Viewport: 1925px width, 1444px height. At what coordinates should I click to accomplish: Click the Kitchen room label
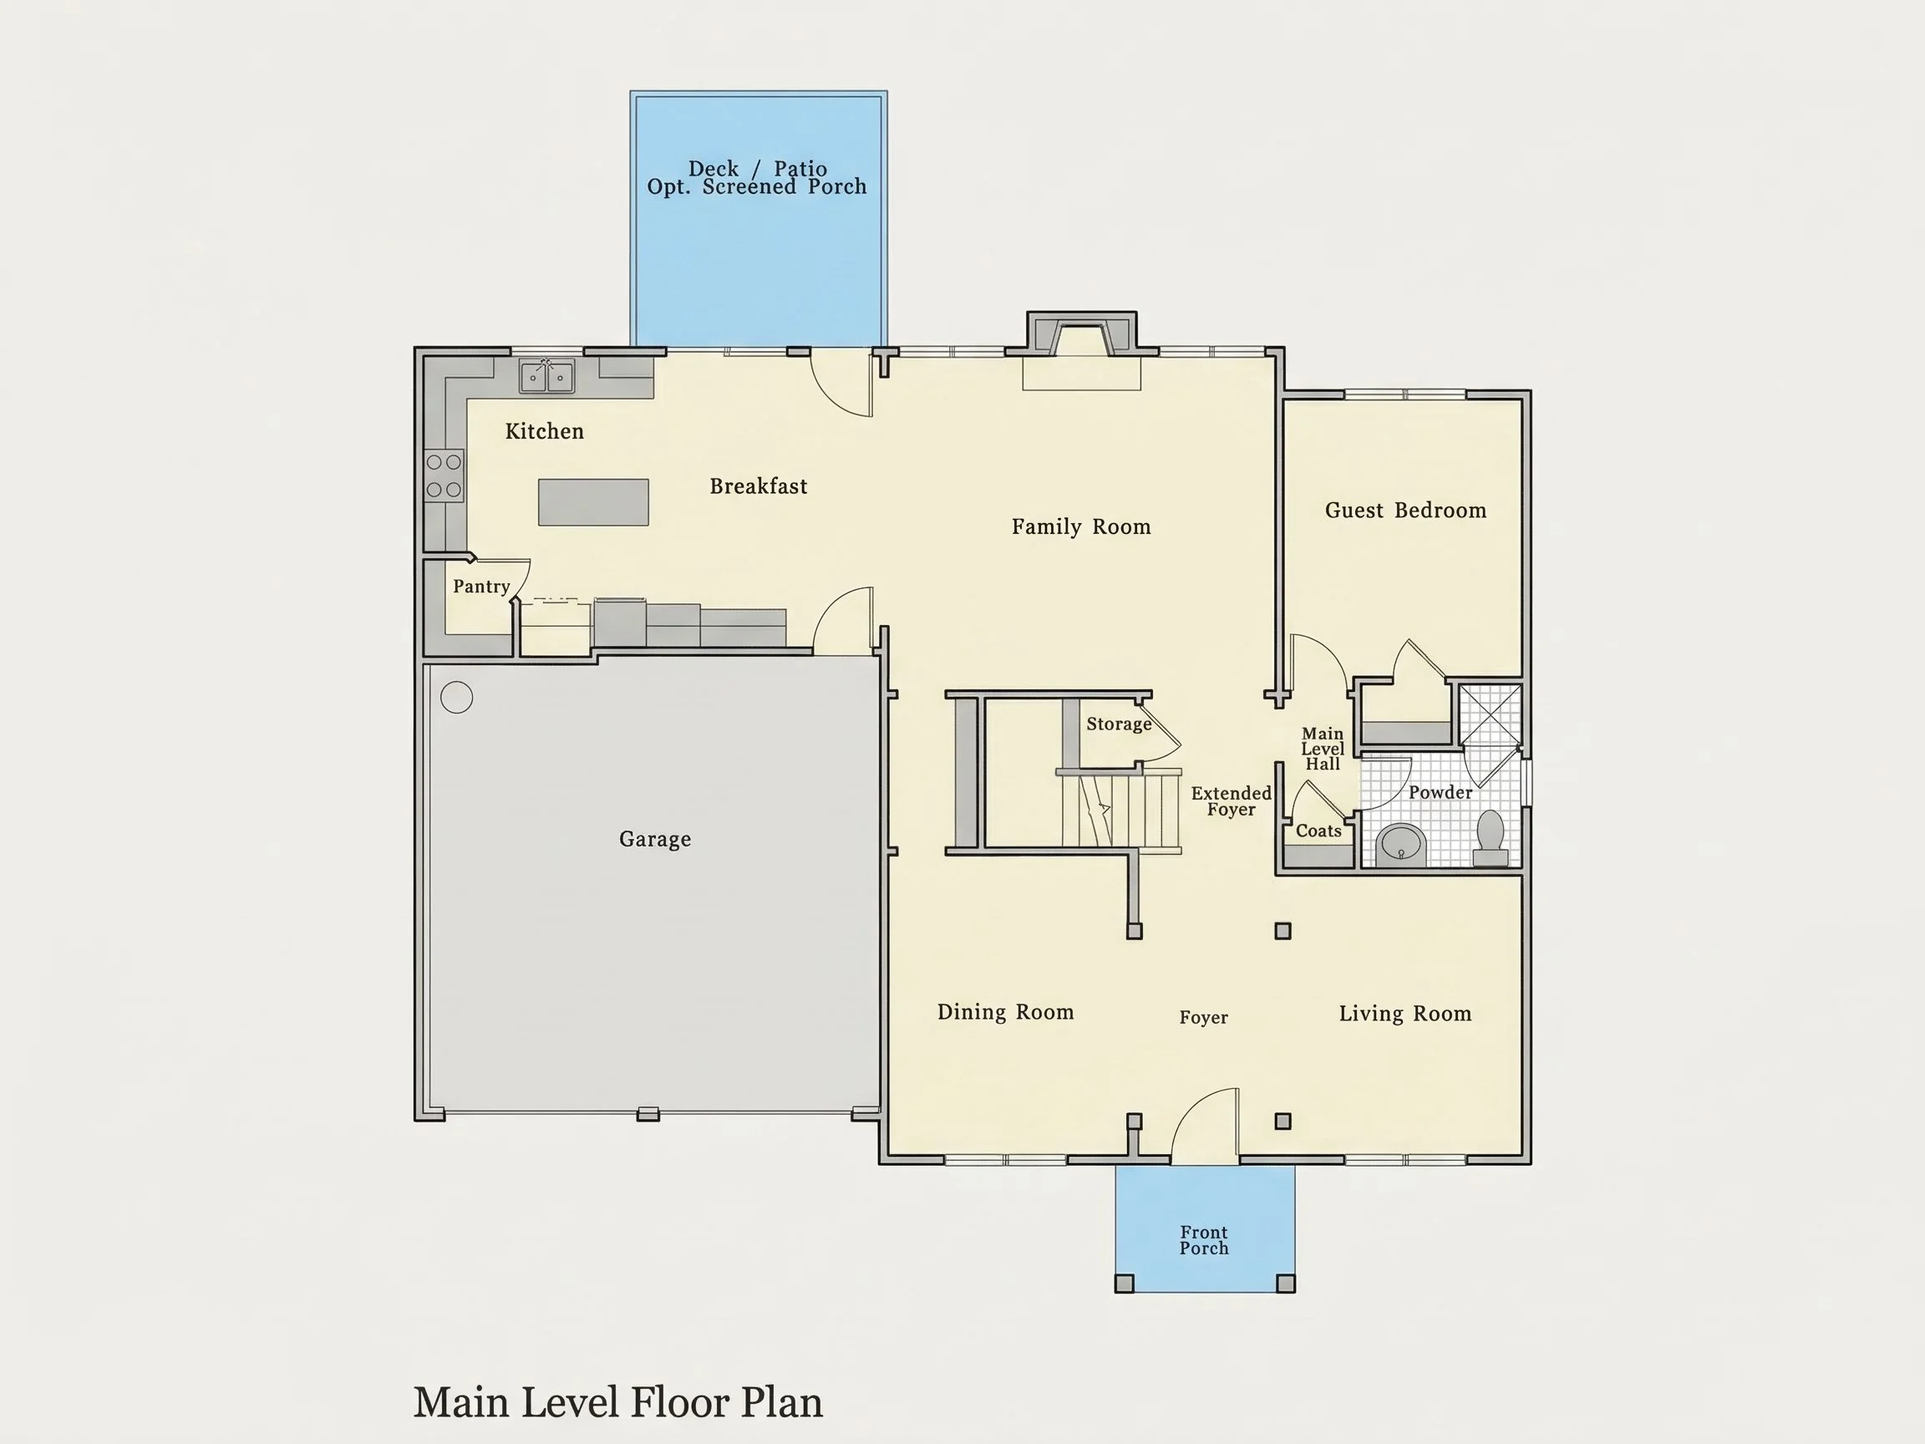[x=544, y=431]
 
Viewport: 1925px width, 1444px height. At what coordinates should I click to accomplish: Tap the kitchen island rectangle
[x=593, y=502]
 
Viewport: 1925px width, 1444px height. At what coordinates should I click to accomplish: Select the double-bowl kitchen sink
[x=546, y=376]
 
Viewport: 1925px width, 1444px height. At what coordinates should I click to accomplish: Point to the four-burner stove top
[x=444, y=476]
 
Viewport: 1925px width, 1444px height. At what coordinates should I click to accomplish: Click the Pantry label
[x=481, y=587]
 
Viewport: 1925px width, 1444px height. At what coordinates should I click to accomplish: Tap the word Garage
[x=655, y=839]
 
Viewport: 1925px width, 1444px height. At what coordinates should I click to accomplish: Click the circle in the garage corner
[x=457, y=697]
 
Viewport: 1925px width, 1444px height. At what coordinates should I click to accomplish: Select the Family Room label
[x=1081, y=526]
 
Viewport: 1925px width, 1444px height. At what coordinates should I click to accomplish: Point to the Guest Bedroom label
[x=1405, y=510]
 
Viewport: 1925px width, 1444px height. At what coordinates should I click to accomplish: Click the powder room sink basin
[x=1401, y=843]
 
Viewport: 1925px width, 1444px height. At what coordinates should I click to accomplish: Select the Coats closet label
[x=1318, y=831]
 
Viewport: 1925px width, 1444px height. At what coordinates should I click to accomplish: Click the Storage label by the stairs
[x=1119, y=725]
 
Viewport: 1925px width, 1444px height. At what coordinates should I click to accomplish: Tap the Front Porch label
[x=1205, y=1240]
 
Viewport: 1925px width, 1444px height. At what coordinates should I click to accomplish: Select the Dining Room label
[x=1005, y=1012]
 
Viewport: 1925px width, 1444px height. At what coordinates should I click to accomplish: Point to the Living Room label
[x=1405, y=1013]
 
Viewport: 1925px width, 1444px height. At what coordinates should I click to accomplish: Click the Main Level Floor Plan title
[x=618, y=1403]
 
